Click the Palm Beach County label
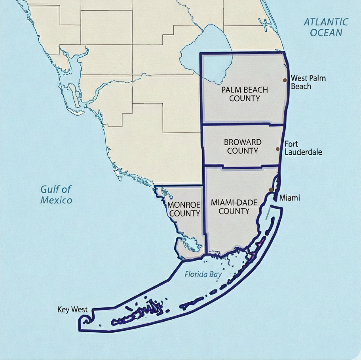point(245,94)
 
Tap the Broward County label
point(243,146)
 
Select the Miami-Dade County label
point(234,207)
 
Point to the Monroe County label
point(184,209)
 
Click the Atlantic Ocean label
point(326,27)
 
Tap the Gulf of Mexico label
point(56,195)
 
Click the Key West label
point(72,309)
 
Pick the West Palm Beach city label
point(308,82)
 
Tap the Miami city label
point(290,197)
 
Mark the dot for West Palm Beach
point(285,80)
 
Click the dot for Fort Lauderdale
point(277,149)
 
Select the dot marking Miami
point(271,190)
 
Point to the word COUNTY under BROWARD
point(243,151)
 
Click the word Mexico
point(56,200)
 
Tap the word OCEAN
point(326,32)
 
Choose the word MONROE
point(184,205)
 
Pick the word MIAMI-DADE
point(234,203)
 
